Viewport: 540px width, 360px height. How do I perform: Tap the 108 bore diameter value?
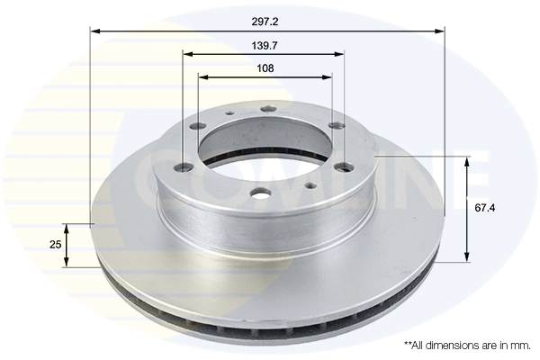[x=265, y=67]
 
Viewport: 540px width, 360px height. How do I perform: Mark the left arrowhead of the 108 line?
[x=202, y=77]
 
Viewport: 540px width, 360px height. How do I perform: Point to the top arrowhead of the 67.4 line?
[x=467, y=163]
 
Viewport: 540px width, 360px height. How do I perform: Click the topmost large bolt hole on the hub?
[x=266, y=110]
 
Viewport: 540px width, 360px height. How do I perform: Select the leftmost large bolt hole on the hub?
[x=184, y=166]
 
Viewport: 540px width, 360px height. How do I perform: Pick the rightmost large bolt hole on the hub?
[x=344, y=165]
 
